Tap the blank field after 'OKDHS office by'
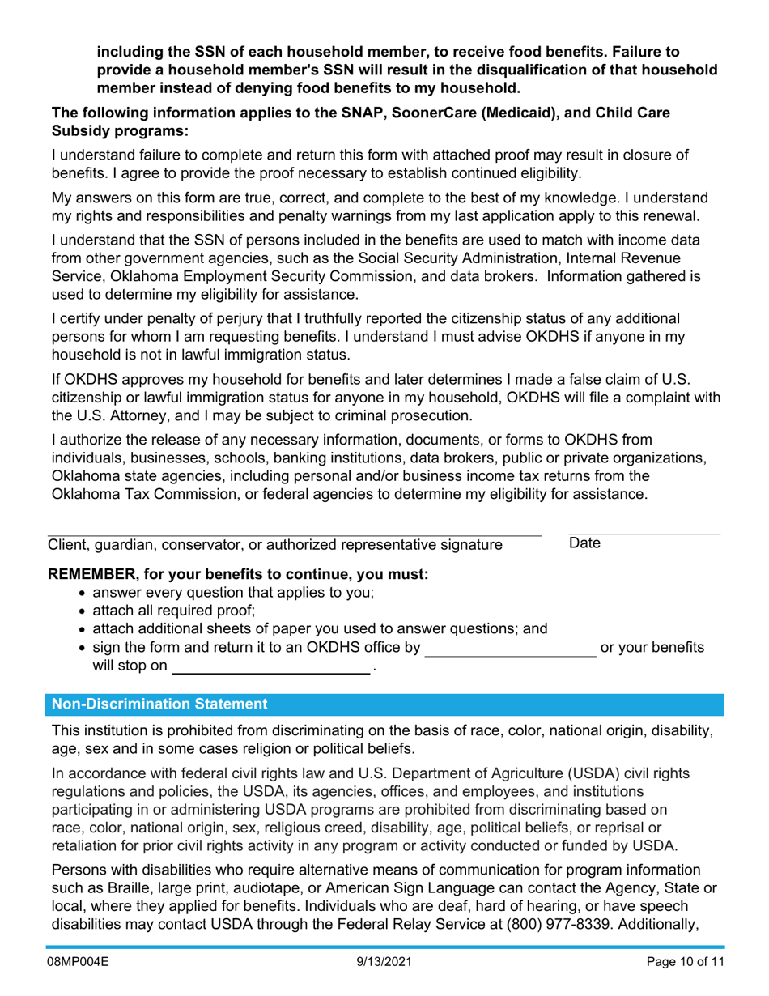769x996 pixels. coord(510,648)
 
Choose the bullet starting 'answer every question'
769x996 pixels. coord(233,592)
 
